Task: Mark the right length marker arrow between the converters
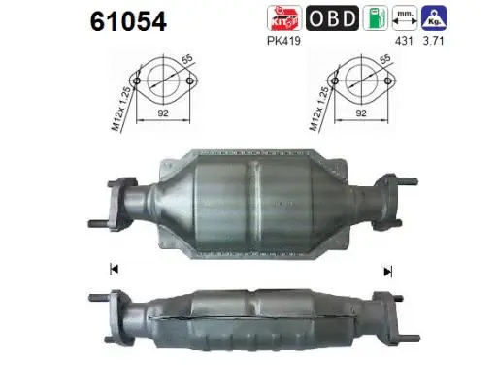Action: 388,272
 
